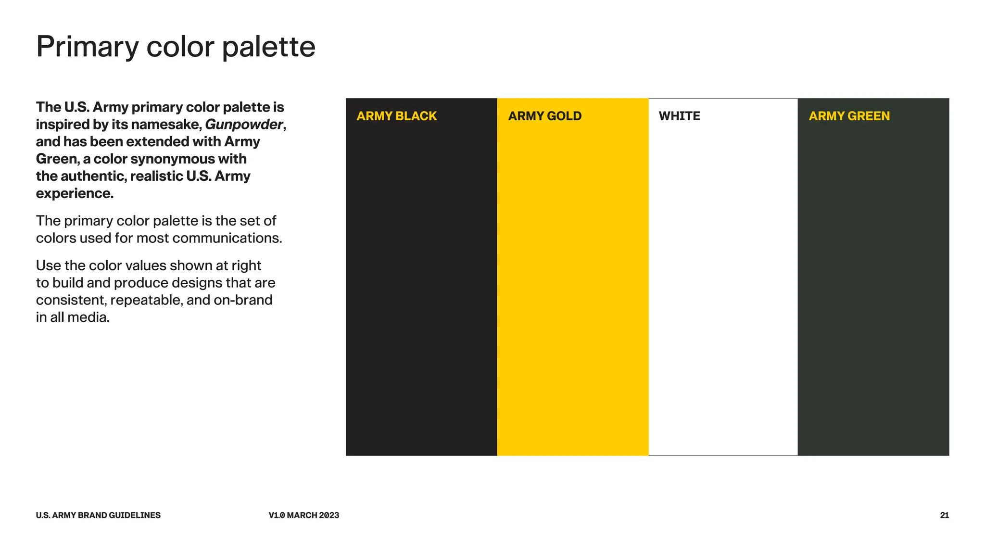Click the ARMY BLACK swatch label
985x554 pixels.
396,116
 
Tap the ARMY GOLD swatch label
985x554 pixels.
544,116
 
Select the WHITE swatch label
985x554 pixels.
679,116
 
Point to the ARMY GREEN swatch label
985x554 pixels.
849,116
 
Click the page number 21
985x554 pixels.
944,515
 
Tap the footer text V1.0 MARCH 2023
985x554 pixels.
303,515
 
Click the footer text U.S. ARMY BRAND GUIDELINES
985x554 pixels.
98,515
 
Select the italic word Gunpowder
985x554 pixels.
244,125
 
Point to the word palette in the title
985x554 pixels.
268,47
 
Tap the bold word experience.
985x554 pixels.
75,193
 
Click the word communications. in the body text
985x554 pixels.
227,238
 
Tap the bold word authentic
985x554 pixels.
93,176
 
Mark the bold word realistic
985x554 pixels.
156,176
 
